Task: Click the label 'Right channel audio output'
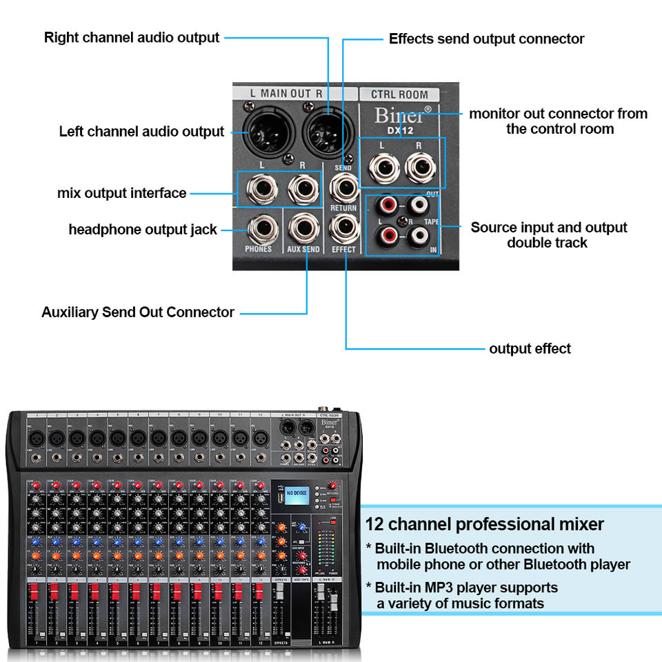132,37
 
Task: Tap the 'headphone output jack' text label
143,230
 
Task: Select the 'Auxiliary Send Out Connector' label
138,312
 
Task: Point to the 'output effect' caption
530,349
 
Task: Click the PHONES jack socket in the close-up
259,227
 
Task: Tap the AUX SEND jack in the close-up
303,227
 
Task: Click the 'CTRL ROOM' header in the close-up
399,94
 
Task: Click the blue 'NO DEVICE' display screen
289,494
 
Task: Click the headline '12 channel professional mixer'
484,525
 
